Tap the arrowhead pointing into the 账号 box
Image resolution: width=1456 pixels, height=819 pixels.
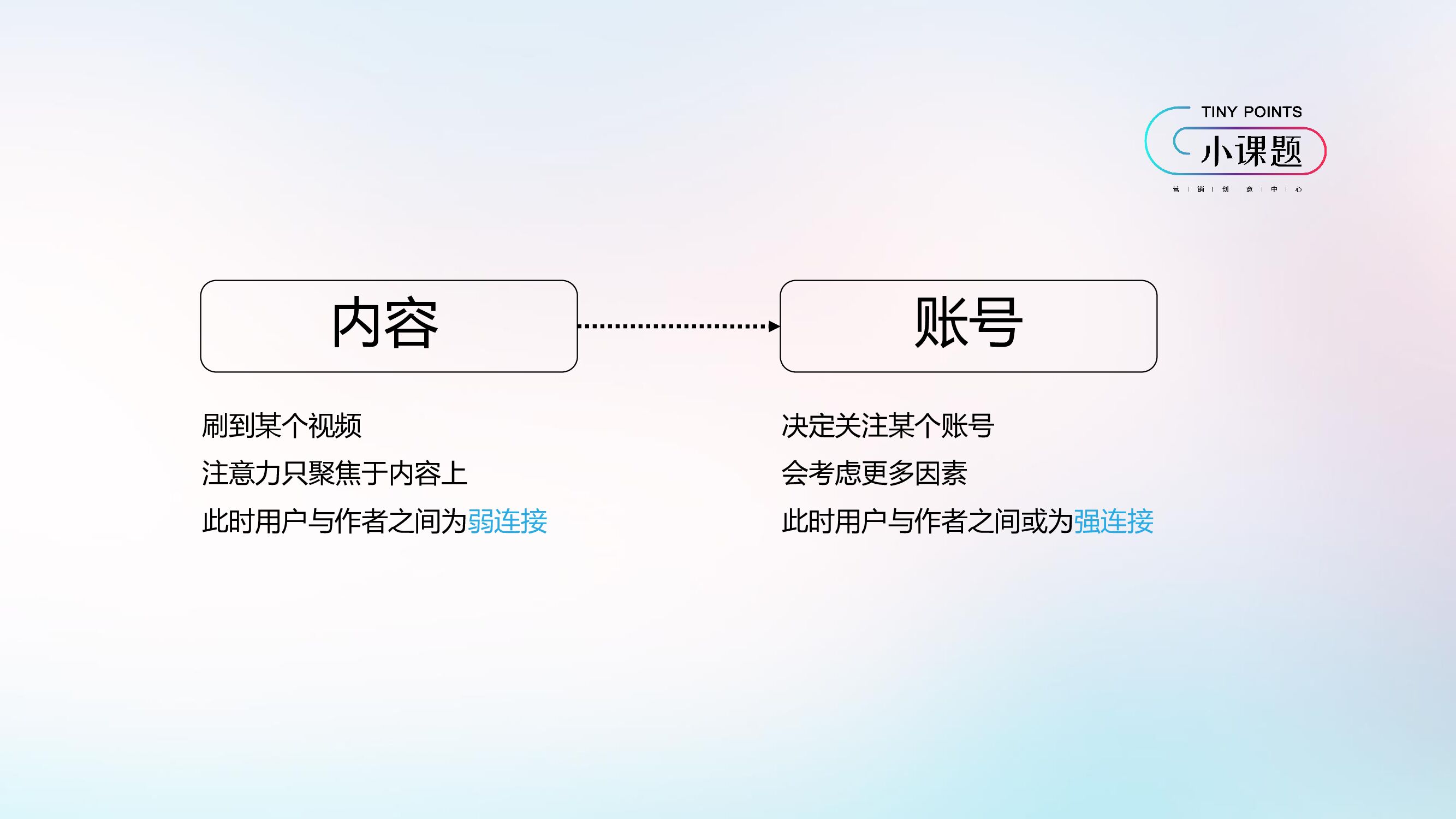click(774, 326)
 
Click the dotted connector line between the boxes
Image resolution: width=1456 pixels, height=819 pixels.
click(673, 326)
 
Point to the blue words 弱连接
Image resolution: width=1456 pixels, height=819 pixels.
click(508, 521)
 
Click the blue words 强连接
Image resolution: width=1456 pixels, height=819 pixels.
click(1114, 521)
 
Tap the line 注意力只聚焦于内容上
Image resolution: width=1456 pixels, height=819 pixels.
click(335, 473)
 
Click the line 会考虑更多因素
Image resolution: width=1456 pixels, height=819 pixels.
click(874, 473)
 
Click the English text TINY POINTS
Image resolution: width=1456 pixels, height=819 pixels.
click(1251, 112)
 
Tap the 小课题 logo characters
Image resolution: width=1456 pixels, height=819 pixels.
click(1251, 151)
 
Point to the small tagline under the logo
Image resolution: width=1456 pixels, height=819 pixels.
click(1237, 189)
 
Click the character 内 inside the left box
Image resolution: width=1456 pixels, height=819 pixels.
click(355, 323)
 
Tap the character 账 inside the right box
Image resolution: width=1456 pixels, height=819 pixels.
click(940, 323)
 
